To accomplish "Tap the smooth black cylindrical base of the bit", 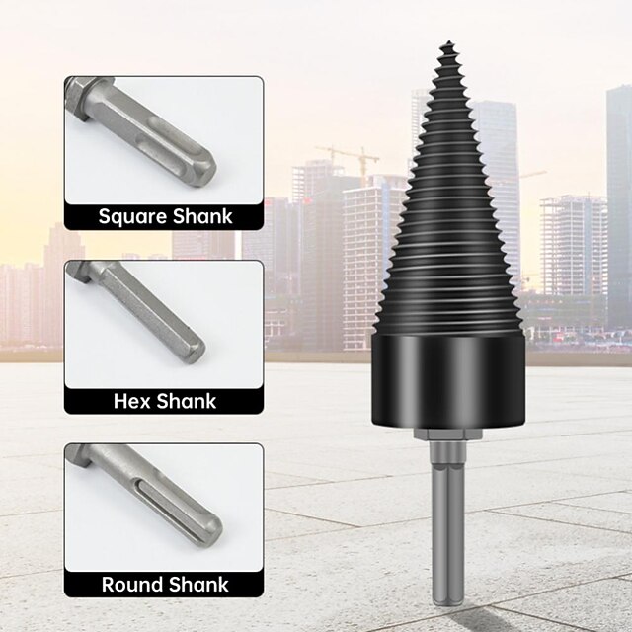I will [x=448, y=380].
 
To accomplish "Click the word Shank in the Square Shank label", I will [x=198, y=217].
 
